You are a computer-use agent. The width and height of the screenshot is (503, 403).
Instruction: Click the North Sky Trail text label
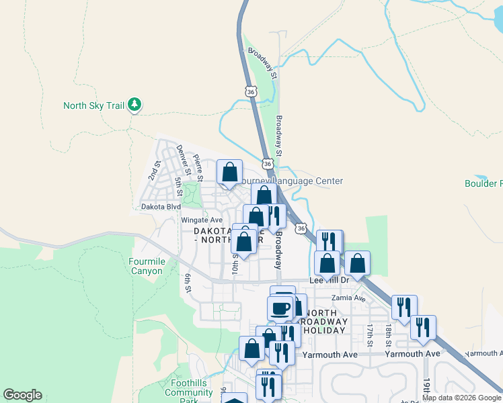(93, 105)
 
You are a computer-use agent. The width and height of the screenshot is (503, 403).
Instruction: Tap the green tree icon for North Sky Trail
(135, 104)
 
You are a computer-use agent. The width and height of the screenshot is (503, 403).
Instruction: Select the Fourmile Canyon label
(146, 266)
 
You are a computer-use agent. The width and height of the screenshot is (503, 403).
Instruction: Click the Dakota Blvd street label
(161, 207)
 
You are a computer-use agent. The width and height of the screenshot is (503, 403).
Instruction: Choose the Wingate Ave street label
(201, 220)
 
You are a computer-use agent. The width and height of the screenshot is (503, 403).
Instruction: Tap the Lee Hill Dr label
(330, 279)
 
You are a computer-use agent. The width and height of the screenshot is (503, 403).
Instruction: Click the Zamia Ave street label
(348, 298)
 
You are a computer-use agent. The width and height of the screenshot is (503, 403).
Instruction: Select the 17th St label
(370, 335)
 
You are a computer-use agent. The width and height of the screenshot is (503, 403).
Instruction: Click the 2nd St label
(155, 171)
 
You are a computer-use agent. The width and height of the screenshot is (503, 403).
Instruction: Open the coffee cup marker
(280, 308)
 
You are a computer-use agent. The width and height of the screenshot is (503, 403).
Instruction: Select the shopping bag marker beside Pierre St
(230, 172)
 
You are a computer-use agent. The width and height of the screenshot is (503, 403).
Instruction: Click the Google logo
(22, 395)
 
